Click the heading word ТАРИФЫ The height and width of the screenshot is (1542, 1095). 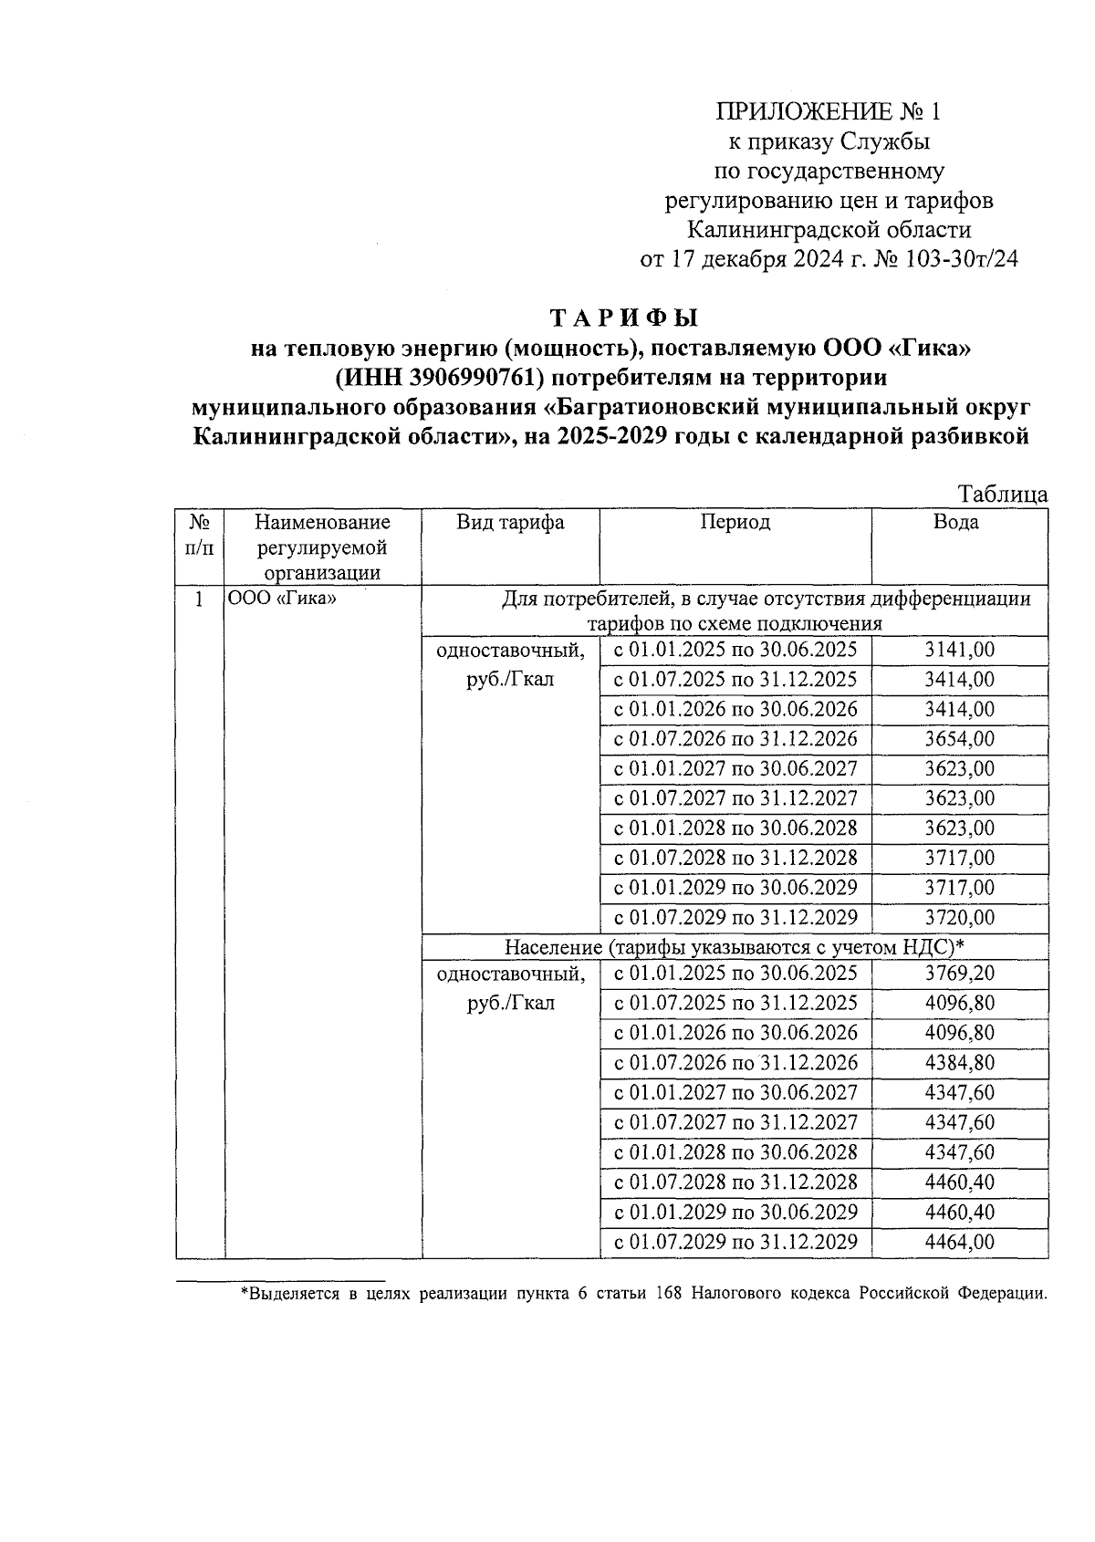[623, 318]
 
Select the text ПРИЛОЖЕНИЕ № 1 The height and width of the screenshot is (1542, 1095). [828, 112]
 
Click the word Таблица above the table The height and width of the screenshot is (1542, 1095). [1002, 495]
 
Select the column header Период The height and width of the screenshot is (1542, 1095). [735, 522]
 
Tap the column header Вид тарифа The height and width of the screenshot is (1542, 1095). [510, 522]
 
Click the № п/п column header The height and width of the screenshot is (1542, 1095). [200, 535]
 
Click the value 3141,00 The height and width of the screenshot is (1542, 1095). [959, 651]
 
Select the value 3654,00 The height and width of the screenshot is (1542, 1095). [959, 739]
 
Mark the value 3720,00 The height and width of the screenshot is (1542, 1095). [959, 917]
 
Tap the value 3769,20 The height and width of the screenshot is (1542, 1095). [959, 974]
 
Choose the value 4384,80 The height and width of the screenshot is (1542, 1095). [959, 1063]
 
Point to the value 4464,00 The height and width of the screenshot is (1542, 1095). [959, 1242]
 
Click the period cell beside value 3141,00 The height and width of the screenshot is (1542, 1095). [735, 651]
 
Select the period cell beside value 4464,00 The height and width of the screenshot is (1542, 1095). [735, 1242]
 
